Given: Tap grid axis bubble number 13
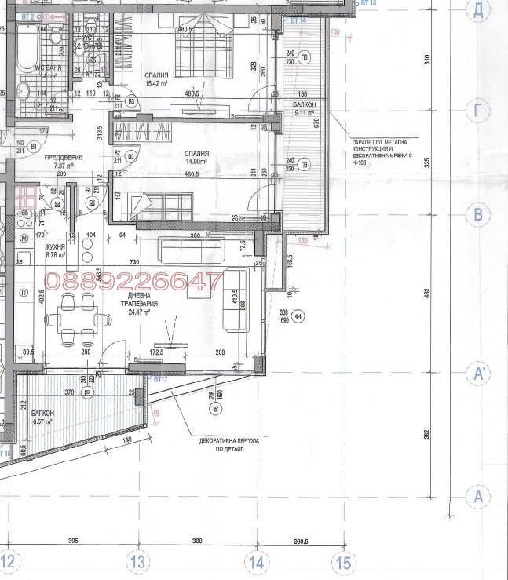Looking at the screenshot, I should point(137,561).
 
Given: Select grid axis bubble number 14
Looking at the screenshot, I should point(257,561).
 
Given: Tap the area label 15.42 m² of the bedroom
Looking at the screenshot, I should point(158,82).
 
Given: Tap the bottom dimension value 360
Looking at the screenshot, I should point(196,542).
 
